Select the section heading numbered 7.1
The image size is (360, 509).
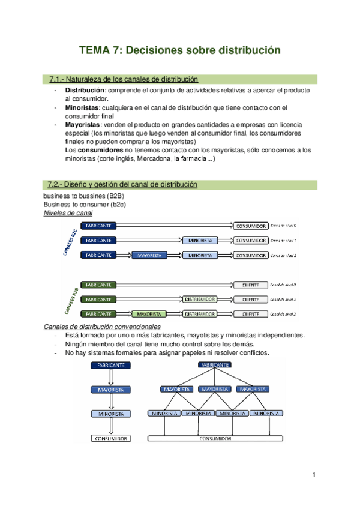click(x=123, y=79)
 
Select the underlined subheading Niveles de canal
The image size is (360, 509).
click(x=68, y=213)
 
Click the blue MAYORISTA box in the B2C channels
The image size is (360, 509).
click(x=152, y=256)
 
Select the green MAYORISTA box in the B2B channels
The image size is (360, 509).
click(x=148, y=313)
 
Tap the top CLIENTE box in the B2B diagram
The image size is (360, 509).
click(x=250, y=285)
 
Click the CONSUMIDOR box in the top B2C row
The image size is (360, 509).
click(x=250, y=226)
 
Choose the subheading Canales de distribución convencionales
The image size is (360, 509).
click(x=103, y=326)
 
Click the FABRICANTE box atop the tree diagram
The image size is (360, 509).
click(x=214, y=364)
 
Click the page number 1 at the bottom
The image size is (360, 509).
click(x=314, y=475)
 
